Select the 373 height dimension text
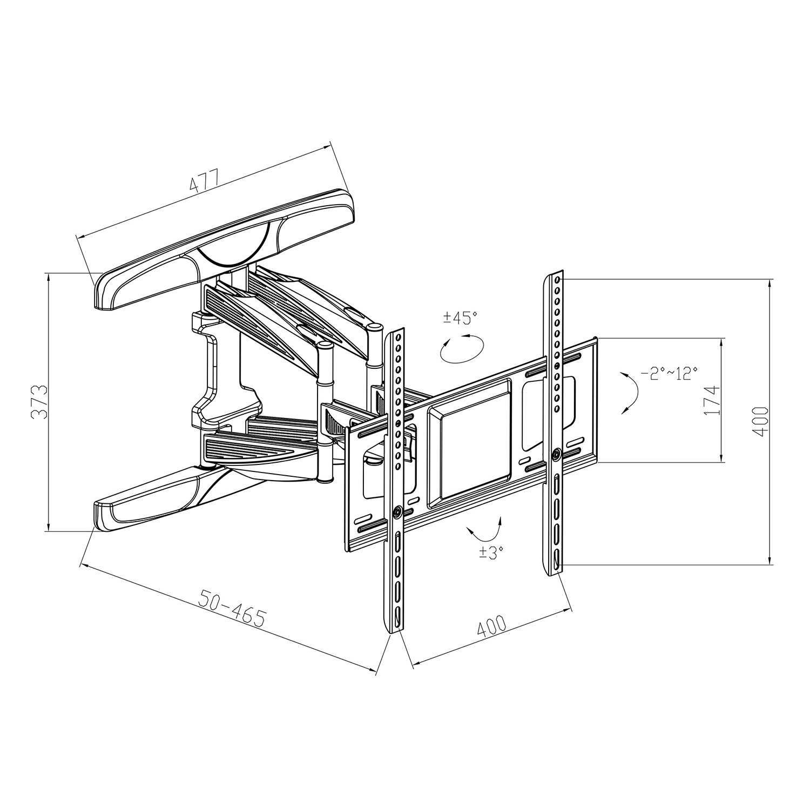tap(38, 403)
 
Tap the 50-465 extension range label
tap(232, 609)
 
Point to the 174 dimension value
tap(713, 400)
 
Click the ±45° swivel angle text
tap(461, 317)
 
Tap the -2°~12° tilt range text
tap(669, 373)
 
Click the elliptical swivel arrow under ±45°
tap(462, 349)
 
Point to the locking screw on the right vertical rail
tap(557, 454)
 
